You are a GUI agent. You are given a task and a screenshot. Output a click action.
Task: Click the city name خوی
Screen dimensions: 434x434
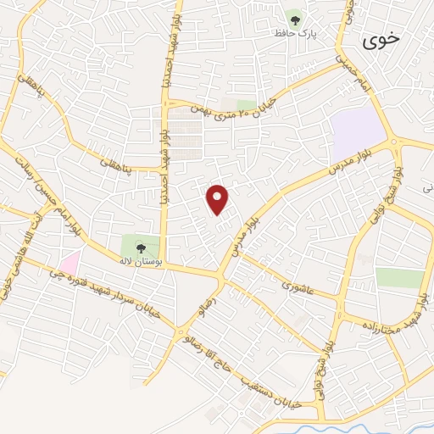tap(380, 40)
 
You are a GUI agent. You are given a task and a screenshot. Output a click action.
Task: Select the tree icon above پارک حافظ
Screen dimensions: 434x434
tap(296, 17)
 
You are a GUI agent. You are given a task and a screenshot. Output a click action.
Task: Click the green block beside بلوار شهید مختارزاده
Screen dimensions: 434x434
tap(399, 278)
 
